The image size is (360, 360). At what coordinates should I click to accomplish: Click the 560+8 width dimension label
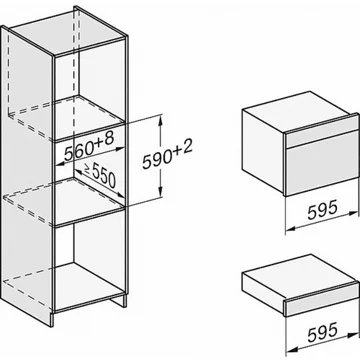(89, 147)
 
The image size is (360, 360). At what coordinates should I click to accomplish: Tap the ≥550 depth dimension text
(99, 175)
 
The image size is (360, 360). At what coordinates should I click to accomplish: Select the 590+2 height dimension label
(167, 156)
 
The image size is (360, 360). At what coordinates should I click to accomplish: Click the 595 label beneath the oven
(323, 211)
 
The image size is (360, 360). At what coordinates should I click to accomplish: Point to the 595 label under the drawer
(323, 331)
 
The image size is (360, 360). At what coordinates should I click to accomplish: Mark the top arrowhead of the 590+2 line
(161, 119)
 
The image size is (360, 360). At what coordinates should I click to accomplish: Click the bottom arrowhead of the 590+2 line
(161, 192)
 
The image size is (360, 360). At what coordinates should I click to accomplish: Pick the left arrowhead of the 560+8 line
(60, 164)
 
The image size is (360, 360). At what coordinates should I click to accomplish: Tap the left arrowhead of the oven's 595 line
(291, 228)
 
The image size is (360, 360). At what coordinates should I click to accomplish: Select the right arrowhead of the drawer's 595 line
(353, 335)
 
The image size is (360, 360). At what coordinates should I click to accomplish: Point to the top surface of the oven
(297, 111)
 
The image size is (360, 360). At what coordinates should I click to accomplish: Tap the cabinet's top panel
(67, 32)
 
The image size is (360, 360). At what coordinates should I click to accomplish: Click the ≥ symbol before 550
(86, 168)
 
